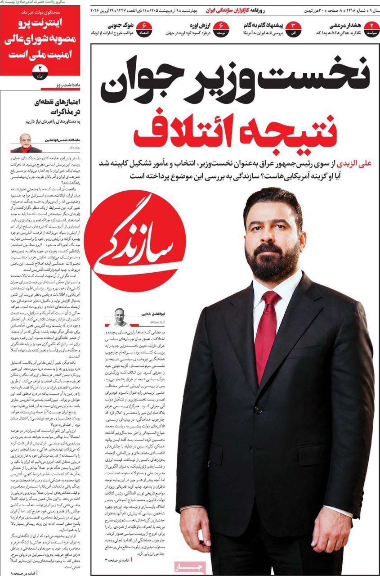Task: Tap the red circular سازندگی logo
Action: click(x=135, y=240)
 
